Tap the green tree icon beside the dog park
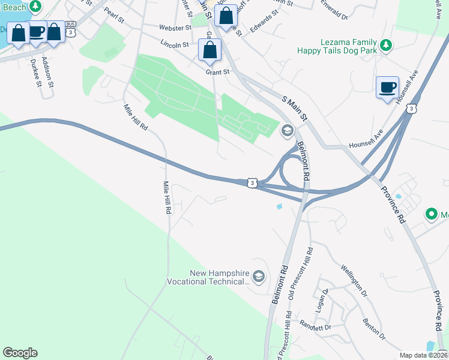click(x=387, y=44)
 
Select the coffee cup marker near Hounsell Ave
click(x=387, y=88)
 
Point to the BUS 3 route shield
click(x=71, y=28)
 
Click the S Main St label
click(x=295, y=108)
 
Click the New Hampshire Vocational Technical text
click(x=219, y=277)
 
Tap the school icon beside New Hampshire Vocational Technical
click(x=259, y=277)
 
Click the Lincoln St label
click(x=175, y=44)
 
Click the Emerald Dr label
click(x=334, y=14)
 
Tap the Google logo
click(x=20, y=353)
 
